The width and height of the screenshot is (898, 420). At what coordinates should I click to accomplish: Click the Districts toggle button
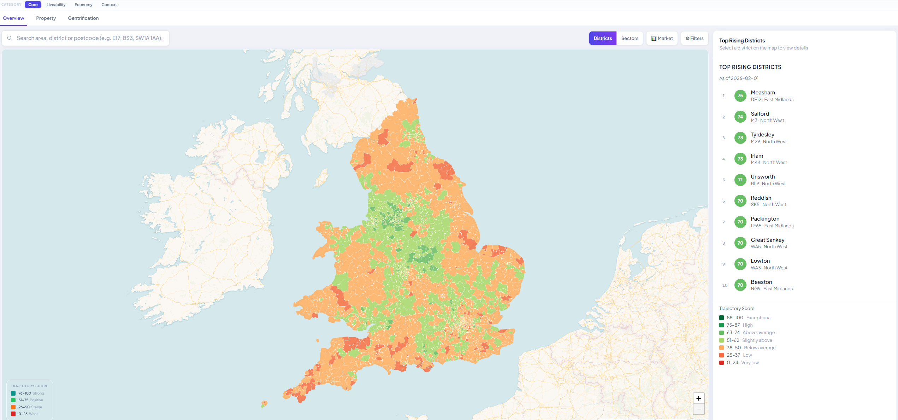602,38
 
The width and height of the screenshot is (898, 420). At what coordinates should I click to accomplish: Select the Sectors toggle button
630,38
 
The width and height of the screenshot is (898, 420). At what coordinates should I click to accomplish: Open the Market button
662,38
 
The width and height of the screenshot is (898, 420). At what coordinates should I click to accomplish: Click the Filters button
695,38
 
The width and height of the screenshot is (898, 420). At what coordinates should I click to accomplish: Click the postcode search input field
90,38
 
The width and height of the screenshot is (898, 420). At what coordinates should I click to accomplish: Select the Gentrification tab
83,18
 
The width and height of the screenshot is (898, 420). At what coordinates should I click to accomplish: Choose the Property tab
46,18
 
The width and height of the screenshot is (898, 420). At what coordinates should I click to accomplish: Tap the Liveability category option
56,5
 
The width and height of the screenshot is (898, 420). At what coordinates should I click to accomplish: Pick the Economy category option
83,5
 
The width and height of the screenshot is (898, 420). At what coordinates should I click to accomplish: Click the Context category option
109,5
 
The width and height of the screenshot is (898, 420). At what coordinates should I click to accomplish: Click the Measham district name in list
763,93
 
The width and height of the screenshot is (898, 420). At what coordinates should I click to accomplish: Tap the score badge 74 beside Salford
740,117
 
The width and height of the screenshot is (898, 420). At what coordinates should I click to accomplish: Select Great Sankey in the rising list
767,240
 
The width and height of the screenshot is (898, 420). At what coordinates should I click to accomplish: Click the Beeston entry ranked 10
761,282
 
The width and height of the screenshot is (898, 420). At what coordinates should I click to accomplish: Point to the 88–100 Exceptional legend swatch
721,318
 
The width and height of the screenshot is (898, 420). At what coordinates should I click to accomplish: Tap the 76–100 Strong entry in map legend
31,393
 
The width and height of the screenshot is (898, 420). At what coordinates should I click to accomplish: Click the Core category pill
33,5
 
